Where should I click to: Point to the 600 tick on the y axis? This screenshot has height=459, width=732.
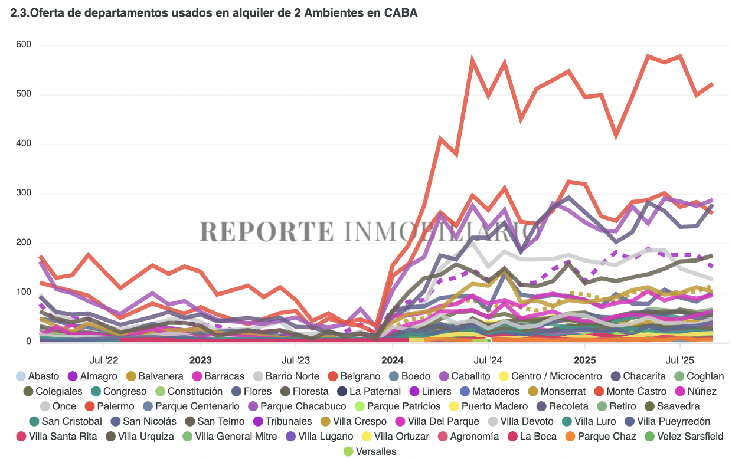pyautogui.click(x=24, y=45)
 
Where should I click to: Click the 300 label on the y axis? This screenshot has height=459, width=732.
pyautogui.click(x=24, y=194)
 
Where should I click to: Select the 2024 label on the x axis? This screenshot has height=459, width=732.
pyautogui.click(x=393, y=359)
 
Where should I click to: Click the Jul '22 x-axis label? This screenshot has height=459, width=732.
pyautogui.click(x=104, y=359)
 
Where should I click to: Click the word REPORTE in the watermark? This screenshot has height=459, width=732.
pyautogui.click(x=267, y=232)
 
